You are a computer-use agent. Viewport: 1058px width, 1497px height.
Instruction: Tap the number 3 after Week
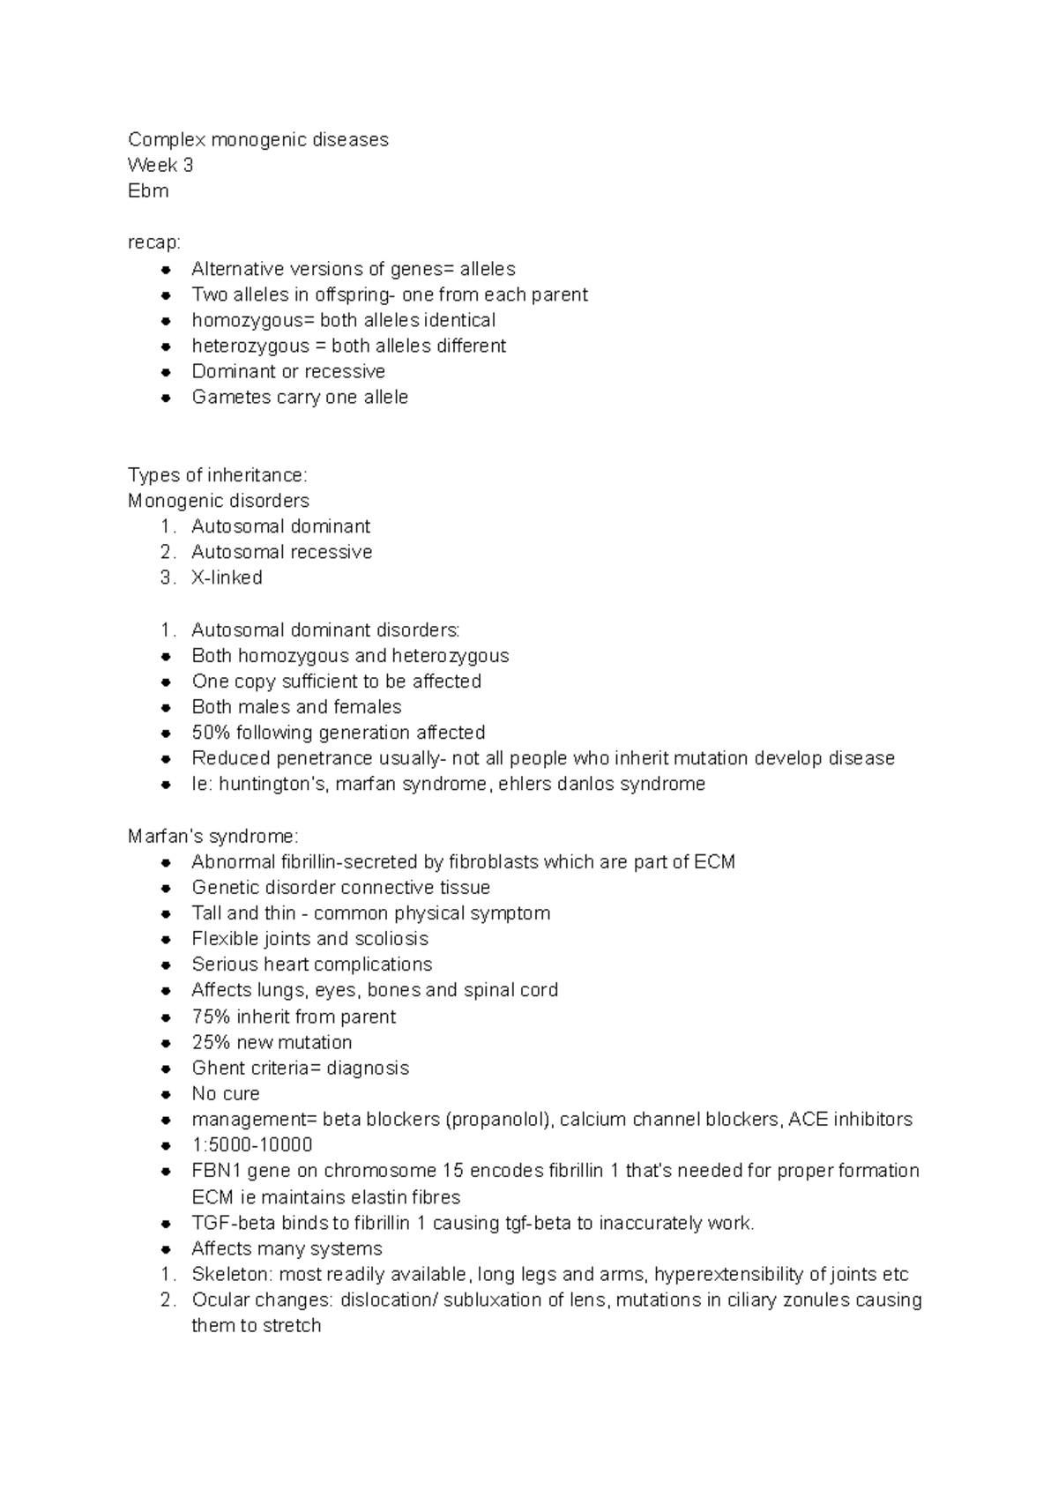188,165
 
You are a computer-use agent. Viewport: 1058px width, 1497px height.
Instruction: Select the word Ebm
148,190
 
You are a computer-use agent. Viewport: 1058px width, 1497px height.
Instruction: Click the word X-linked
227,577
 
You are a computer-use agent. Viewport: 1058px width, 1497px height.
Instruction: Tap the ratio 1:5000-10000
252,1145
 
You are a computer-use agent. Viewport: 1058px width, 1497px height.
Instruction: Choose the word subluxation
494,1300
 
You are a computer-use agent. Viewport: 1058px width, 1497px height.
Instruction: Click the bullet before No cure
165,1094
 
